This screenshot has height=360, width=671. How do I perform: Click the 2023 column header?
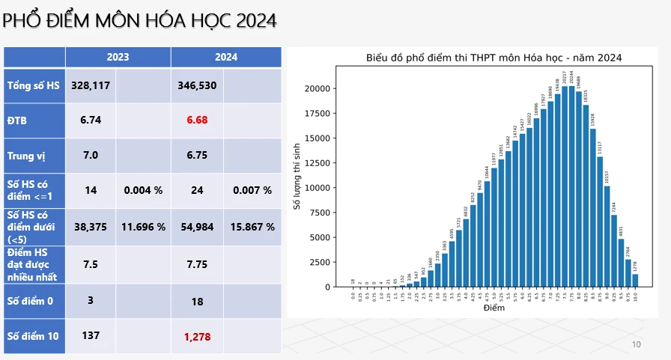tap(118, 57)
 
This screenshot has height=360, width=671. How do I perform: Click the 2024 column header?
tap(225, 57)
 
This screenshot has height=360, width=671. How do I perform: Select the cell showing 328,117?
tap(91, 86)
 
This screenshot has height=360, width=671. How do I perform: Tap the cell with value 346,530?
tap(197, 86)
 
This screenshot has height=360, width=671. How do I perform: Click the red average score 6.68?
tap(197, 120)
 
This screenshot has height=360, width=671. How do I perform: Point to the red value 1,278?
tap(197, 337)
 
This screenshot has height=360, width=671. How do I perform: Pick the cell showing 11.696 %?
tap(144, 226)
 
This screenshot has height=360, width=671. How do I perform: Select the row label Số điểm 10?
tap(33, 337)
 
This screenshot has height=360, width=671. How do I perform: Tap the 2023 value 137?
tap(91, 335)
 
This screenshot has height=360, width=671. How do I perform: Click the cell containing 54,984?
tap(197, 226)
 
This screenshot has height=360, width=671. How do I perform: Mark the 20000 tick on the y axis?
tap(318, 88)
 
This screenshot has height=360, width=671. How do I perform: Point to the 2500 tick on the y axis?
tap(320, 262)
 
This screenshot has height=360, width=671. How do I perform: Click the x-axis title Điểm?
tap(494, 308)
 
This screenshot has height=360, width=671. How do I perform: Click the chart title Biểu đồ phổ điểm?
tap(494, 58)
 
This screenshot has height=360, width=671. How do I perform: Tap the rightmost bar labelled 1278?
tap(635, 280)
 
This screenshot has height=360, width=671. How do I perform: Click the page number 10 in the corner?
tap(637, 344)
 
